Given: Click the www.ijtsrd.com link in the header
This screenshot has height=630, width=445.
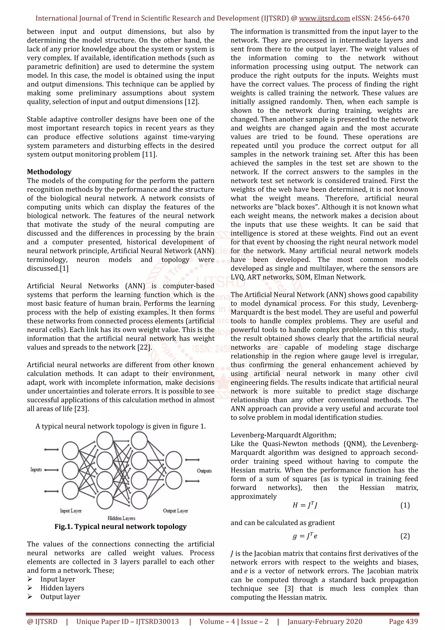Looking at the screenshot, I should coord(324,18).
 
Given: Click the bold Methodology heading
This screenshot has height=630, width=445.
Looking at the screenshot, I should coord(49,172).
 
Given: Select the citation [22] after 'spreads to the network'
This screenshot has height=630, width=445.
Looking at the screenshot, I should coord(144,347).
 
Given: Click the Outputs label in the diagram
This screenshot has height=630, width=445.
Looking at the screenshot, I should coord(204,471).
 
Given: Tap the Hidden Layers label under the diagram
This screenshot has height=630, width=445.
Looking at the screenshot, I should coord(121,518).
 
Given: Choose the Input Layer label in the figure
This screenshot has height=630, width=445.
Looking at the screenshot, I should coord(71,511).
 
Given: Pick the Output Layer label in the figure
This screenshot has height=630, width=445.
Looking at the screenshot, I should coord(176,511).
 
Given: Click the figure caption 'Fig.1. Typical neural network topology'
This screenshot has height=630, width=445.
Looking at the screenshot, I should coord(121,527).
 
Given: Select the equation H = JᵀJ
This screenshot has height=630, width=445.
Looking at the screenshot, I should coord(305,505).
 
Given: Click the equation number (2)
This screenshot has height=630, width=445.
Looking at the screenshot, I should coord(405,536).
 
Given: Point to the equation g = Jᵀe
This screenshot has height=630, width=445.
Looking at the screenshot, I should coord(305,536).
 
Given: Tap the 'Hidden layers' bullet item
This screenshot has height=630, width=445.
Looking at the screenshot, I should coord(62,588).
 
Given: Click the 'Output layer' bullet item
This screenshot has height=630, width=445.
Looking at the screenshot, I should coord(60,597).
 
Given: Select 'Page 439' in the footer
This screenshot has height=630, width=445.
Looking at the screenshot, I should coord(403,622).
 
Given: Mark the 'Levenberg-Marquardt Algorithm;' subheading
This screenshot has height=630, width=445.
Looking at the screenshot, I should coord(283,435).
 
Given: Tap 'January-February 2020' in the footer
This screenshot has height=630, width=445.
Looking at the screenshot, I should coord(325,622).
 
